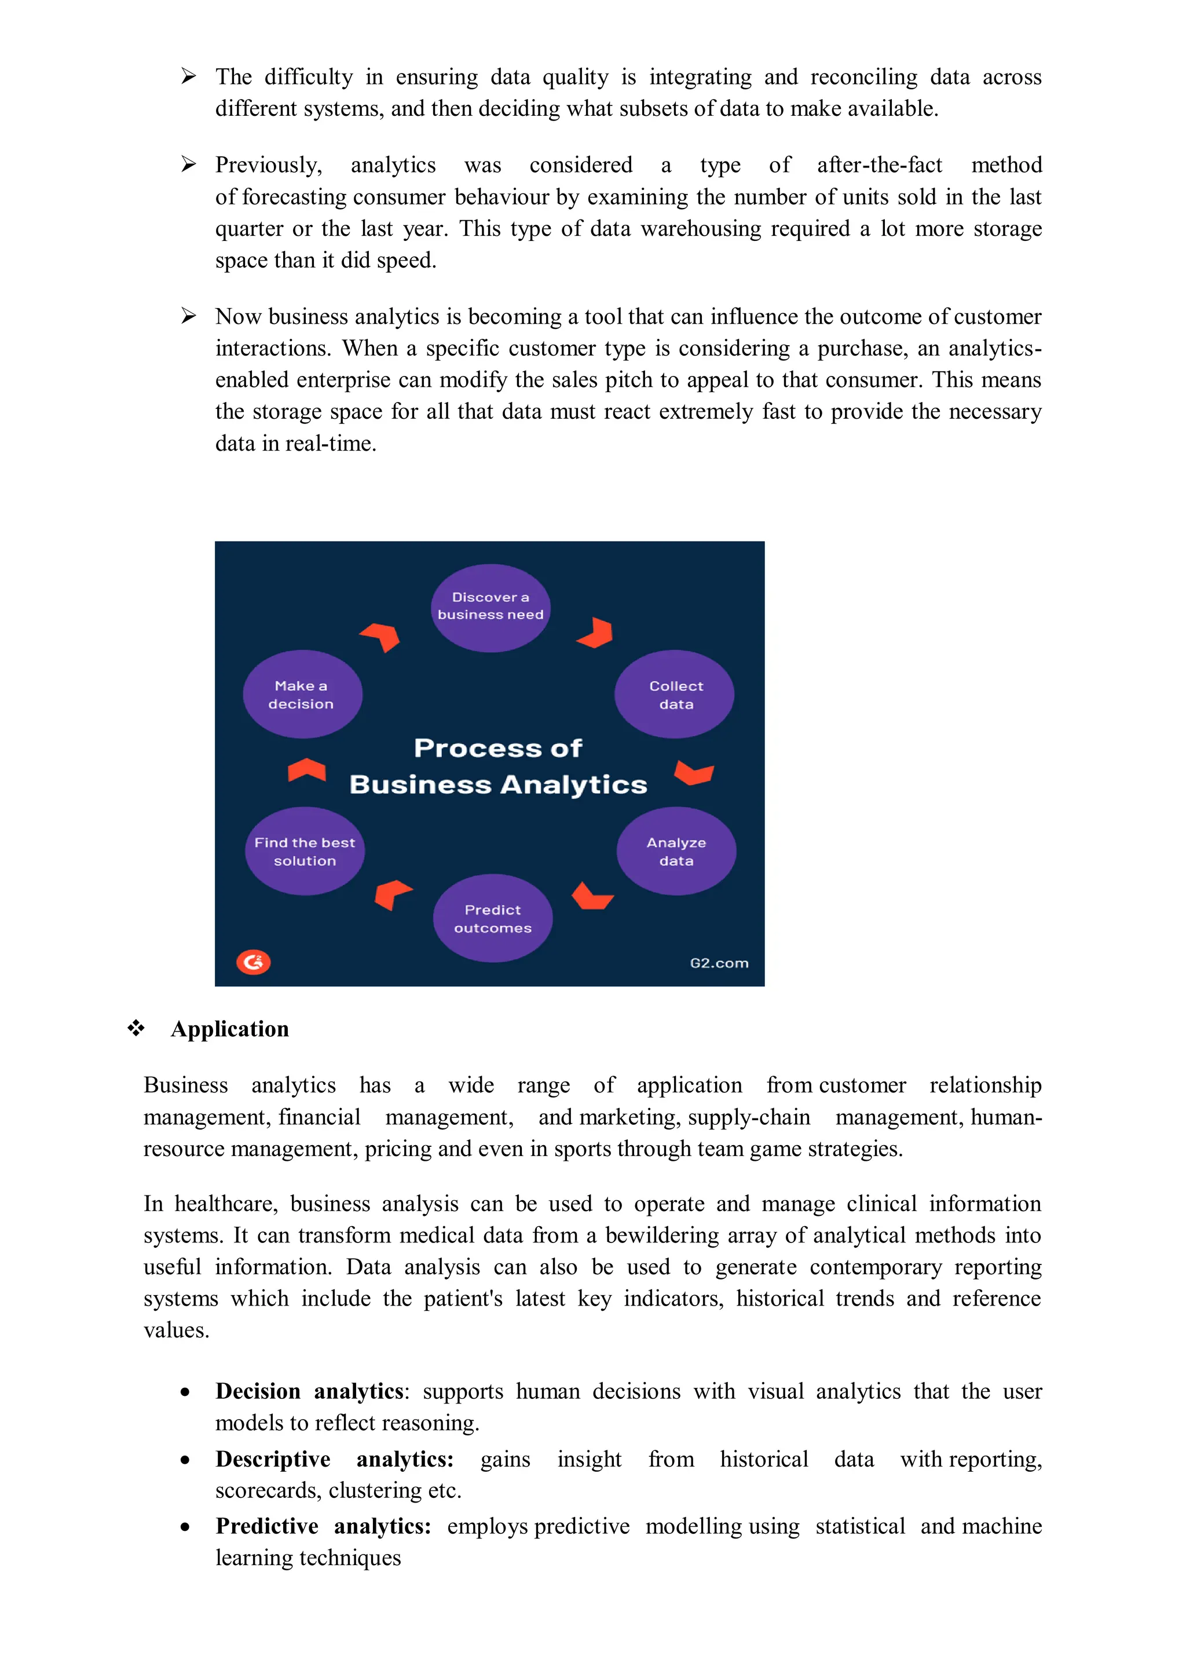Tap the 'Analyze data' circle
(x=676, y=851)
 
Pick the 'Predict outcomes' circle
(x=492, y=918)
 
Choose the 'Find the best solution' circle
(x=305, y=851)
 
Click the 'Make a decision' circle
(x=302, y=694)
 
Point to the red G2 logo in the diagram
(x=253, y=962)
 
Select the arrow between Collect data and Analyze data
(x=694, y=773)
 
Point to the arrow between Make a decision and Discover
(x=382, y=637)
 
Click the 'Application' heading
(x=229, y=1029)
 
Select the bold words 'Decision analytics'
(x=309, y=1391)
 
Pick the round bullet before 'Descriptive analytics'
(x=186, y=1460)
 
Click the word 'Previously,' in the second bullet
(x=268, y=165)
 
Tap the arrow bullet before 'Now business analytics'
(x=189, y=316)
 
